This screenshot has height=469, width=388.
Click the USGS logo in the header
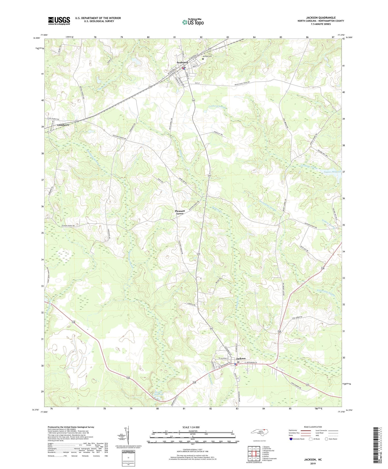coord(59,21)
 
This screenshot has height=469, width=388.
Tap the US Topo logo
coord(193,22)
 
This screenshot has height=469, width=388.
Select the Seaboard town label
coord(182,63)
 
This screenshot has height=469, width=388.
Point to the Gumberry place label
coord(63,125)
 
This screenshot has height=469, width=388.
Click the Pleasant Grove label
coord(180,212)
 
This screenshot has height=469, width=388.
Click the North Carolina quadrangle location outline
coord(261,432)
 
